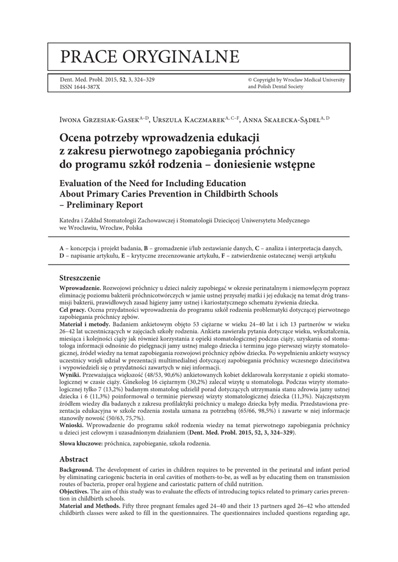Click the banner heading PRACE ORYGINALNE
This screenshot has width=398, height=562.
click(x=149, y=57)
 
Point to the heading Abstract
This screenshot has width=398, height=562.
click(x=75, y=458)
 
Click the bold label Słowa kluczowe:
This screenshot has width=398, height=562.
click(x=81, y=443)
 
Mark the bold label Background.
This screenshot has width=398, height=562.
click(x=76, y=470)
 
